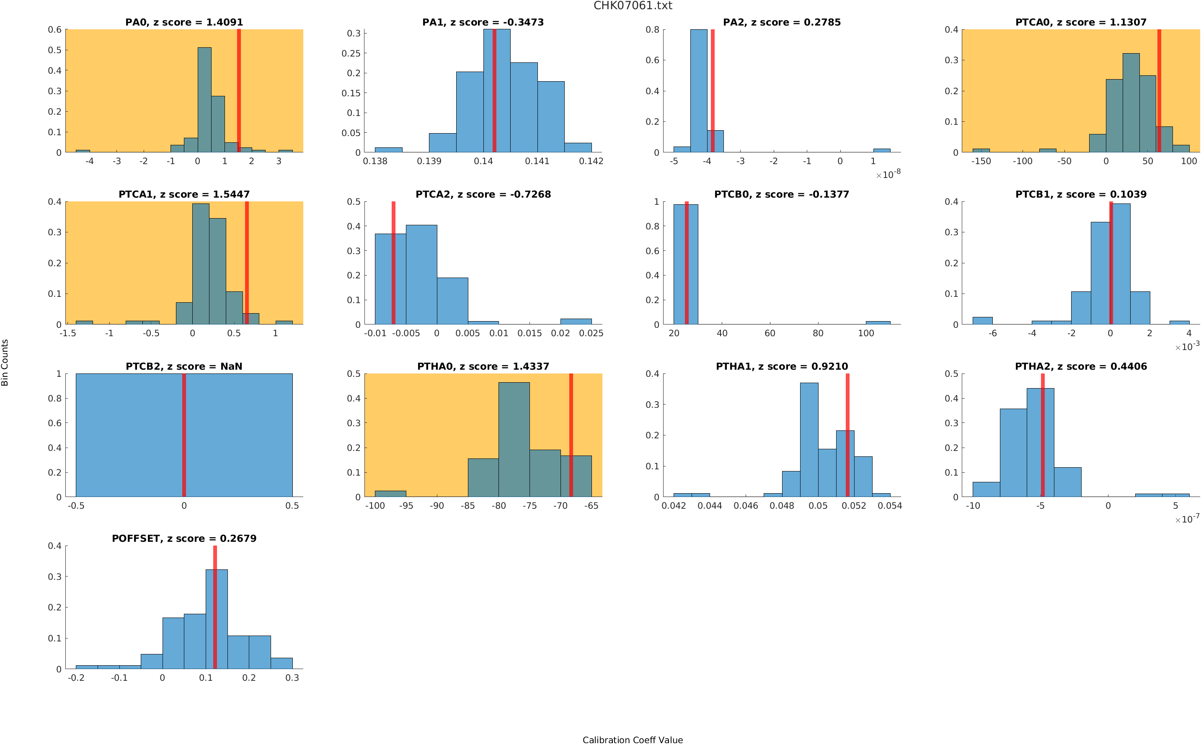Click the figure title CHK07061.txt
tap(633, 6)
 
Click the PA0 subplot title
tap(184, 22)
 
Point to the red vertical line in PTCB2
tap(184, 435)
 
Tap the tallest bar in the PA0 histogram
tap(204, 100)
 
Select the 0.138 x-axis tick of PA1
tap(375, 161)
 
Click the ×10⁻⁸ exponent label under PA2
tap(888, 175)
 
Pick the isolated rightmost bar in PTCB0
tap(878, 323)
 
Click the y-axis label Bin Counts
tap(5, 362)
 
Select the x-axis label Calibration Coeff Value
tap(633, 739)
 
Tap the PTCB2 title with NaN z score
tap(184, 367)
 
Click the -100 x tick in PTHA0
tap(375, 506)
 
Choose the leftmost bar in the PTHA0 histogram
tap(390, 494)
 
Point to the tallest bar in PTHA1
tap(809, 440)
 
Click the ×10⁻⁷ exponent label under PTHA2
tap(1187, 519)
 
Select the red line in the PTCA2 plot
tap(393, 263)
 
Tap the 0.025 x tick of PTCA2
tap(591, 334)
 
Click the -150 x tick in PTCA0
tap(981, 161)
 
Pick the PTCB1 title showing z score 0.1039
tap(1081, 194)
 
